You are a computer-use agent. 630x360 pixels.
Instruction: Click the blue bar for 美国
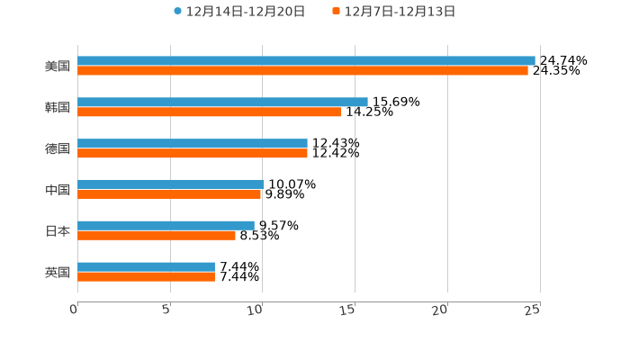(306, 60)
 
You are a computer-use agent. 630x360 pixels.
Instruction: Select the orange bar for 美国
(302, 70)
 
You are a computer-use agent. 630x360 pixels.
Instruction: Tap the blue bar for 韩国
(222, 102)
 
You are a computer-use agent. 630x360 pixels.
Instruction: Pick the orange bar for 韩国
(209, 112)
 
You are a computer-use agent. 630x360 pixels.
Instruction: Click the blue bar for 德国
(193, 143)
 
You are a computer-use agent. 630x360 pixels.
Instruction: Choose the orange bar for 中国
(169, 193)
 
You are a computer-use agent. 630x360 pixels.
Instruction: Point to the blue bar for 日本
(166, 225)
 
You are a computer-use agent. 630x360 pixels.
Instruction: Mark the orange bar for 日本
(157, 235)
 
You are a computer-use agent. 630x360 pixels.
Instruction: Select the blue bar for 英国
(146, 266)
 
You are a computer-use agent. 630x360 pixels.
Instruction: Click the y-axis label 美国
(58, 66)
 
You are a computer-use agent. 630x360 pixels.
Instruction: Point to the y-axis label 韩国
(58, 107)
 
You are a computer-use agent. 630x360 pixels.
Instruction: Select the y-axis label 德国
(58, 148)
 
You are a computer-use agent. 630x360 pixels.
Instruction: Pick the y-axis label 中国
(58, 190)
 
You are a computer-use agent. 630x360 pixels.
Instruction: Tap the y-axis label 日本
(58, 230)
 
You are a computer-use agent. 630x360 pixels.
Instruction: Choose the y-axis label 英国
(58, 272)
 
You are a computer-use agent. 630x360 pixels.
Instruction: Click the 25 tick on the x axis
(533, 310)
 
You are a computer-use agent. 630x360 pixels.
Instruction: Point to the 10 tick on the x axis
(256, 310)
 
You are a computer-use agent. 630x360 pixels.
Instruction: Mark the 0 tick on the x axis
(74, 310)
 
